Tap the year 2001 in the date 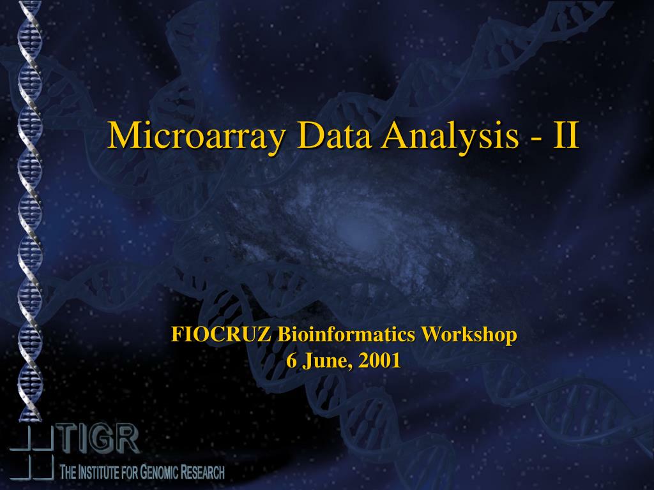pyautogui.click(x=379, y=361)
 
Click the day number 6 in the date pyautogui.click(x=291, y=361)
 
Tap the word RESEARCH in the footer pyautogui.click(x=202, y=473)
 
